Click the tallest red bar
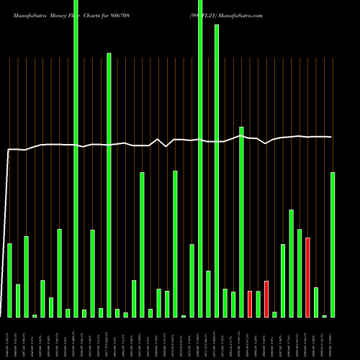coord(307,277)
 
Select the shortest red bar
coord(250,304)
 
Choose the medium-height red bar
coord(266,299)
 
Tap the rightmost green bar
coord(333,245)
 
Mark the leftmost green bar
coord(9,280)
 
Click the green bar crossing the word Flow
coord(76,158)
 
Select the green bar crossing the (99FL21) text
coord(200,158)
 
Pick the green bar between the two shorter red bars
coord(258,304)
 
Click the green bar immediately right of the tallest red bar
coord(316,302)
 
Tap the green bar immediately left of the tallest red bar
coord(300,273)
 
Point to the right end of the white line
coord(332,137)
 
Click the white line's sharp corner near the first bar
coord(8,150)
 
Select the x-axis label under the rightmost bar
coord(333,338)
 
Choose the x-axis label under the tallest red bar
coord(307,338)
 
